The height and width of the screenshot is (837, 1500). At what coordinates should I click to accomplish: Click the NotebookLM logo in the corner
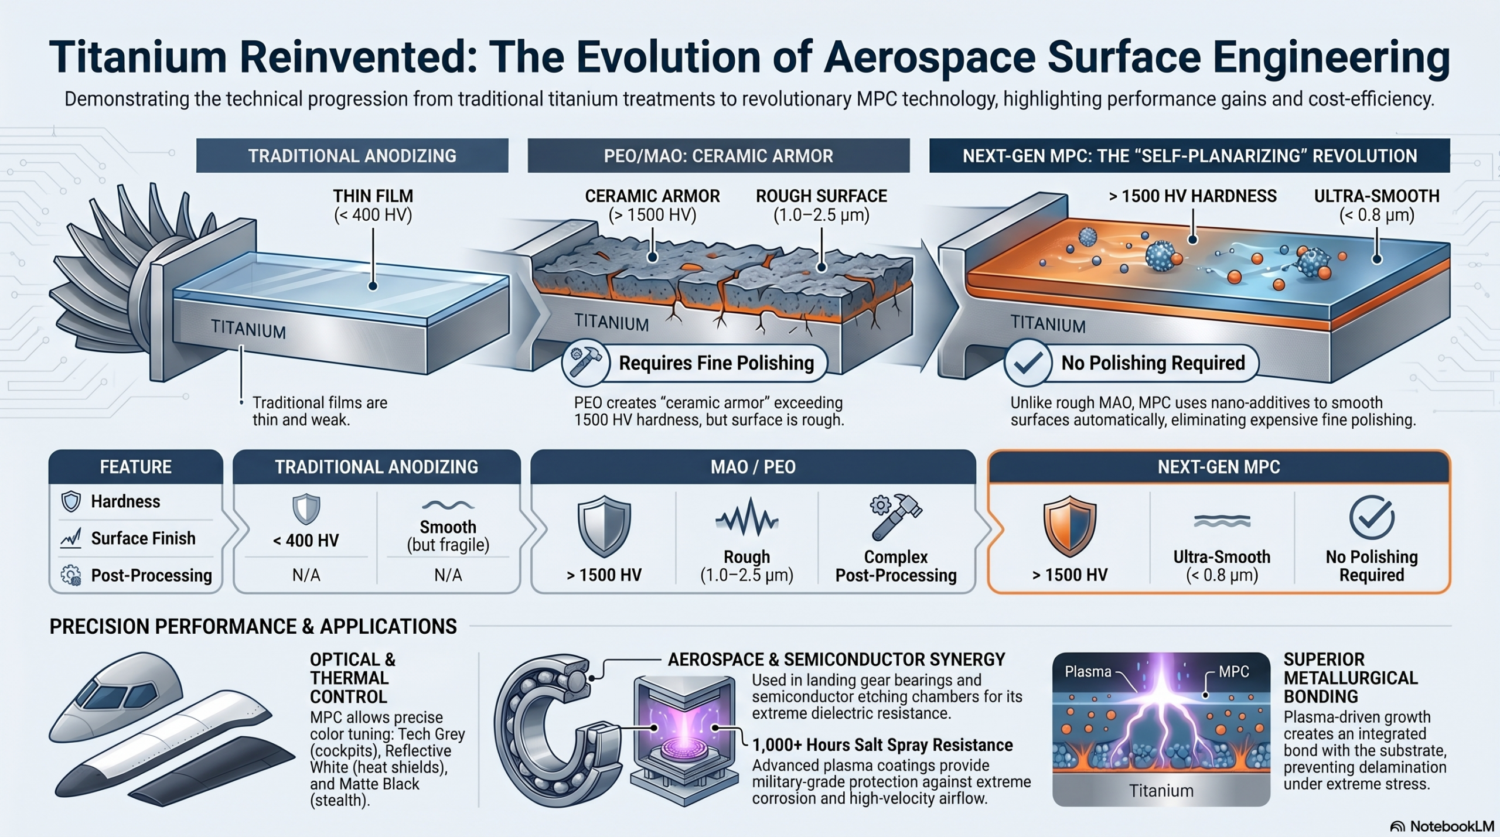point(1443,826)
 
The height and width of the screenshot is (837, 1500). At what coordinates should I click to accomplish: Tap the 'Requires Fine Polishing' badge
point(694,363)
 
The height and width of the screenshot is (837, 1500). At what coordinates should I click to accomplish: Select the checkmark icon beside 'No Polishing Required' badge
point(1027,363)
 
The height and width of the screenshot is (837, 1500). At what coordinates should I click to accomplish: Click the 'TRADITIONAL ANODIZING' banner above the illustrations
point(352,156)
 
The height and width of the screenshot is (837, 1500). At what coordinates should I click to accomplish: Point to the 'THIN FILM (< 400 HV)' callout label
point(373,206)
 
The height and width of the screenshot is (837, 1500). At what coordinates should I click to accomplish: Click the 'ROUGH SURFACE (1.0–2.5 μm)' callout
point(821,206)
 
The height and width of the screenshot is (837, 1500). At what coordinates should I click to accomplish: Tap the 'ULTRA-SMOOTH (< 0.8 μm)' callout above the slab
point(1376,206)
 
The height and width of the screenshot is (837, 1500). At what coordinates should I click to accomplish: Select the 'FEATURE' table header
point(135,467)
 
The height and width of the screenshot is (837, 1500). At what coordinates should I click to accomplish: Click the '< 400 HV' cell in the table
point(306,540)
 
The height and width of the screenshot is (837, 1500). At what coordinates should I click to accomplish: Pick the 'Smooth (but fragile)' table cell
point(448,536)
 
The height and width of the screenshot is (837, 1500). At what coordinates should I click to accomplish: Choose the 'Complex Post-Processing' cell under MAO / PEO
point(896,566)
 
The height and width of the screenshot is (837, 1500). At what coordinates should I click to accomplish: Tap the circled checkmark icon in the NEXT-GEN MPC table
point(1372,517)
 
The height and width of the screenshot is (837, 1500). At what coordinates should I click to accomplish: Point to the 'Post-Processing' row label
point(151,575)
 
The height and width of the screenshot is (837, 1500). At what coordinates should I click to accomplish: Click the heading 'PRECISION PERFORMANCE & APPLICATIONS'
point(253,627)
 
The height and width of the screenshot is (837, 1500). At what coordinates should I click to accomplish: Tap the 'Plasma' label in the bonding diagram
point(1088,672)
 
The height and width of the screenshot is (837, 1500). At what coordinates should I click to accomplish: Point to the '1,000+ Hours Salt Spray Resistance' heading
point(882,745)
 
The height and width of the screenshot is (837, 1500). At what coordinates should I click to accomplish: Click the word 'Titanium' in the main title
point(138,57)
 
